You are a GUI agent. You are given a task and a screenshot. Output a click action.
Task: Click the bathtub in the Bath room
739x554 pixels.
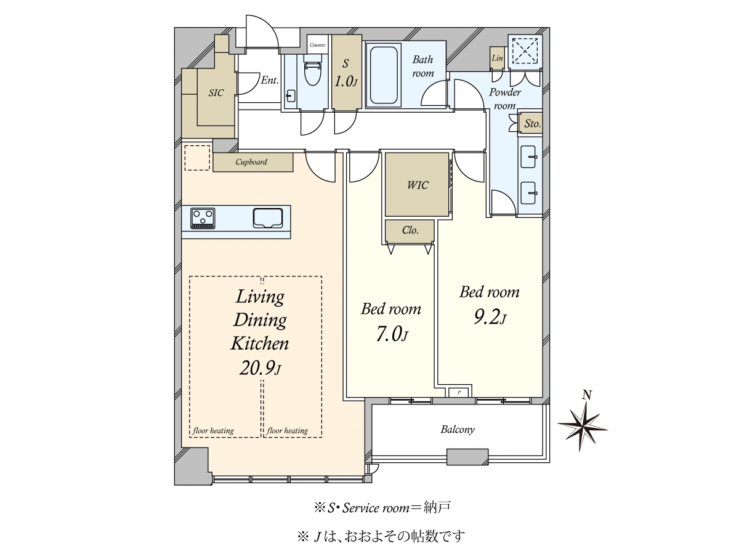(x=384, y=75)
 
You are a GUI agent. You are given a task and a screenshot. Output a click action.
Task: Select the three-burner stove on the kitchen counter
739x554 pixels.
(x=203, y=218)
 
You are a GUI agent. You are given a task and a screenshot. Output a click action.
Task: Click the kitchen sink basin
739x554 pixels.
(x=268, y=218)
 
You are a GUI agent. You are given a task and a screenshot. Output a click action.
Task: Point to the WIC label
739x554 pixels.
(x=418, y=185)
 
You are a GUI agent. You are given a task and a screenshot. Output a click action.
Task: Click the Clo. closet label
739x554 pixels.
(x=410, y=230)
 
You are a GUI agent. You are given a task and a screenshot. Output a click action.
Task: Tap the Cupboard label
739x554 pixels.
(x=251, y=162)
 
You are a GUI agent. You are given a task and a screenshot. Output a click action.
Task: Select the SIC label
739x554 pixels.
(x=216, y=93)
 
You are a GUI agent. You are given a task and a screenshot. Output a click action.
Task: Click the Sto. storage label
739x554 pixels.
(x=532, y=124)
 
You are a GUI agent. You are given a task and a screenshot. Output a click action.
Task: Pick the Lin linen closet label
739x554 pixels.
(x=497, y=58)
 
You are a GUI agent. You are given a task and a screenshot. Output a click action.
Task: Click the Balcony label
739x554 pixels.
(x=458, y=430)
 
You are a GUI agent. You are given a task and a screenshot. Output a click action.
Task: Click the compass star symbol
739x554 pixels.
(x=583, y=427)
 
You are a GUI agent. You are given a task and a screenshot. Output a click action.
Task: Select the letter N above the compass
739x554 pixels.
(x=587, y=395)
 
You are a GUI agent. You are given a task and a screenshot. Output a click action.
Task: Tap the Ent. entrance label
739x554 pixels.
(x=270, y=80)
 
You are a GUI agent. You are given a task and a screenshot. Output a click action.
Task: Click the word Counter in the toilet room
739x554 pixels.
(x=318, y=45)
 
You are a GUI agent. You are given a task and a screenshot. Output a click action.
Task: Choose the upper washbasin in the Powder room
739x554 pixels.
(x=528, y=157)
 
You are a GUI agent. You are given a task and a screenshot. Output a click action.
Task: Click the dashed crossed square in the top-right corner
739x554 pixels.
(x=525, y=50)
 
